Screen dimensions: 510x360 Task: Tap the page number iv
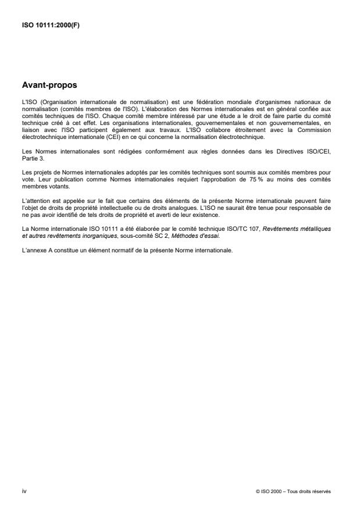click(x=24, y=491)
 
